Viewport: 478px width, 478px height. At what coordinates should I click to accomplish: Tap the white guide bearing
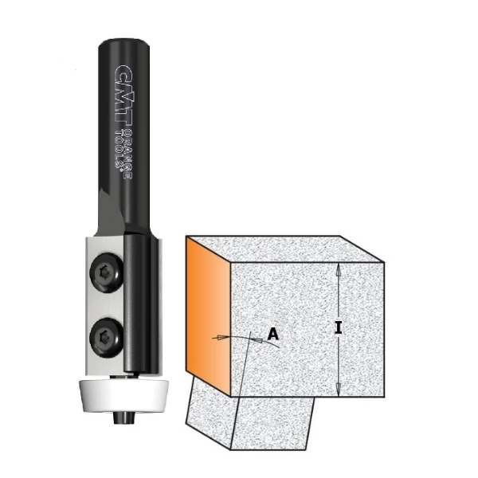(x=122, y=395)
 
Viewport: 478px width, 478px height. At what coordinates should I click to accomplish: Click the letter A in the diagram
(x=272, y=335)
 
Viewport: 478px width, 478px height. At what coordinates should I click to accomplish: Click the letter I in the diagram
(x=339, y=328)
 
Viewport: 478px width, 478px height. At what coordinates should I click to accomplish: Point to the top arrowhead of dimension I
(x=339, y=269)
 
